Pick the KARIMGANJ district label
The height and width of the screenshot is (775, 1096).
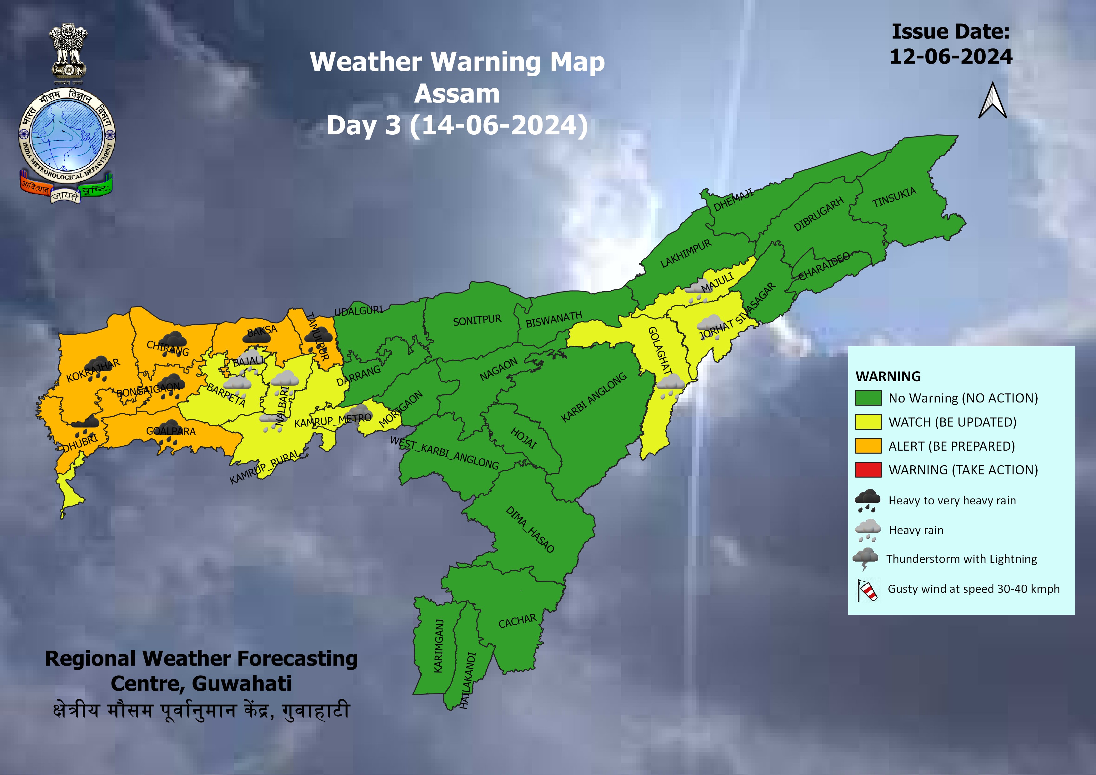pyautogui.click(x=438, y=646)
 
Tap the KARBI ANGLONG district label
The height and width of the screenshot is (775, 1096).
pyautogui.click(x=593, y=397)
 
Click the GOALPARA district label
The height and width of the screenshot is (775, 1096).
pyautogui.click(x=170, y=431)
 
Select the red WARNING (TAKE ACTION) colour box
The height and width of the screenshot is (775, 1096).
pyautogui.click(x=868, y=470)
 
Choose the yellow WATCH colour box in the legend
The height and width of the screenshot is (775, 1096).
pyautogui.click(x=868, y=422)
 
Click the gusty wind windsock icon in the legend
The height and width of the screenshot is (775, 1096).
pyautogui.click(x=867, y=590)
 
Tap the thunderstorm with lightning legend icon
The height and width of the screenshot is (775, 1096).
pyautogui.click(x=865, y=559)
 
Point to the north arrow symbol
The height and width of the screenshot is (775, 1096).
pyautogui.click(x=993, y=101)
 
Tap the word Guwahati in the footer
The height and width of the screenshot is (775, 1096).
pyautogui.click(x=242, y=683)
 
